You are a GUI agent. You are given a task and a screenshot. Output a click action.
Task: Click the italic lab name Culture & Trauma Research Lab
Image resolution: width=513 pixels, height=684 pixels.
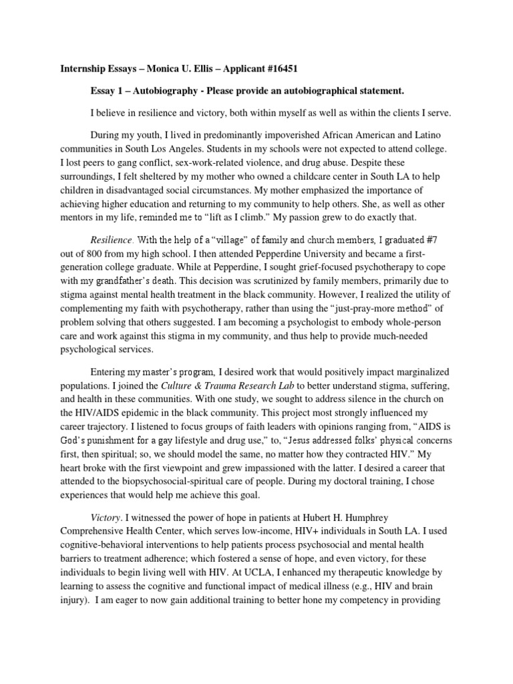(x=228, y=386)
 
